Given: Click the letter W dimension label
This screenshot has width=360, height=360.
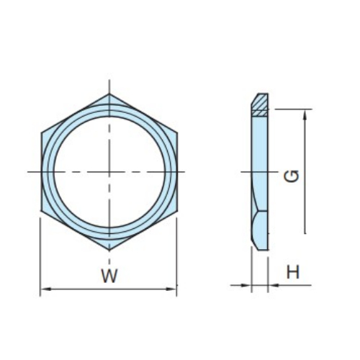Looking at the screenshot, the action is click(109, 276).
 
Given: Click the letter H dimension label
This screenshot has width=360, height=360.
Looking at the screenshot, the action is click(293, 272).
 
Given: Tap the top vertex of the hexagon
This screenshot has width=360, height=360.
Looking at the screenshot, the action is click(109, 94).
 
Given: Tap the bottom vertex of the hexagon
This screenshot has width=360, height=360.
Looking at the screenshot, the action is click(109, 251).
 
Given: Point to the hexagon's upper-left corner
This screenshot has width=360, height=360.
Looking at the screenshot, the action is click(41, 132).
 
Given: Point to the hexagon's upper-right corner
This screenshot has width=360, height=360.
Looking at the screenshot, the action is click(177, 132).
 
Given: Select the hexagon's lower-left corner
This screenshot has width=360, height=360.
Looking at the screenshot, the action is click(41, 211).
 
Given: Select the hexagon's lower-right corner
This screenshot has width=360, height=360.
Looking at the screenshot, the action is click(177, 211).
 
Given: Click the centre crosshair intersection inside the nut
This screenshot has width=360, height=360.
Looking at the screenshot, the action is click(109, 172).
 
